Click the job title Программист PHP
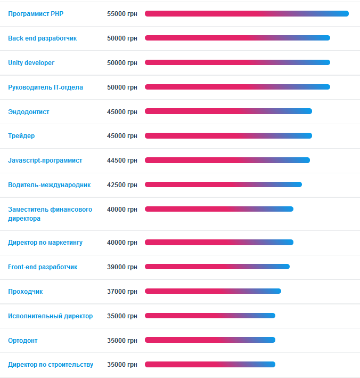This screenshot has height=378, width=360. click(x=36, y=14)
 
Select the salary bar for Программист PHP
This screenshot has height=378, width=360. click(x=247, y=14)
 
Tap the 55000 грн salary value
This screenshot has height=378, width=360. click(x=122, y=14)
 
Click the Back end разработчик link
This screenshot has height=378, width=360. click(x=43, y=38)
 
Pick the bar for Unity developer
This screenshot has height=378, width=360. click(x=238, y=62)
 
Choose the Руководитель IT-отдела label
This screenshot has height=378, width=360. click(x=46, y=87)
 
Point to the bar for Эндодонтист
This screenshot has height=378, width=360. click(x=228, y=111)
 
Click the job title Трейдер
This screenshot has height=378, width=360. click(x=21, y=136)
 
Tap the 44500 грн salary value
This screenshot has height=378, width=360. click(x=122, y=160)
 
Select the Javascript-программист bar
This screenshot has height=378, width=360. click(x=227, y=160)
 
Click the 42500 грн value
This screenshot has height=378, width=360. click(x=122, y=185)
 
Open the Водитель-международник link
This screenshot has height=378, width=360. click(x=50, y=185)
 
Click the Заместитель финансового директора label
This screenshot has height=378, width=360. click(x=50, y=214)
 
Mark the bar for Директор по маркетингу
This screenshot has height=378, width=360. click(x=219, y=243)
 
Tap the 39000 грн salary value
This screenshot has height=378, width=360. click(x=122, y=267)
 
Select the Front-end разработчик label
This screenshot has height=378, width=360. click(x=43, y=267)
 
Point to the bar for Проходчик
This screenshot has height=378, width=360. click(x=213, y=291)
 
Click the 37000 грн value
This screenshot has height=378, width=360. click(x=122, y=292)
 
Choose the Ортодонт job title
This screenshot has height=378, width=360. click(x=23, y=341)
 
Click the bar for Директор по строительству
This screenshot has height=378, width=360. click(x=210, y=365)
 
